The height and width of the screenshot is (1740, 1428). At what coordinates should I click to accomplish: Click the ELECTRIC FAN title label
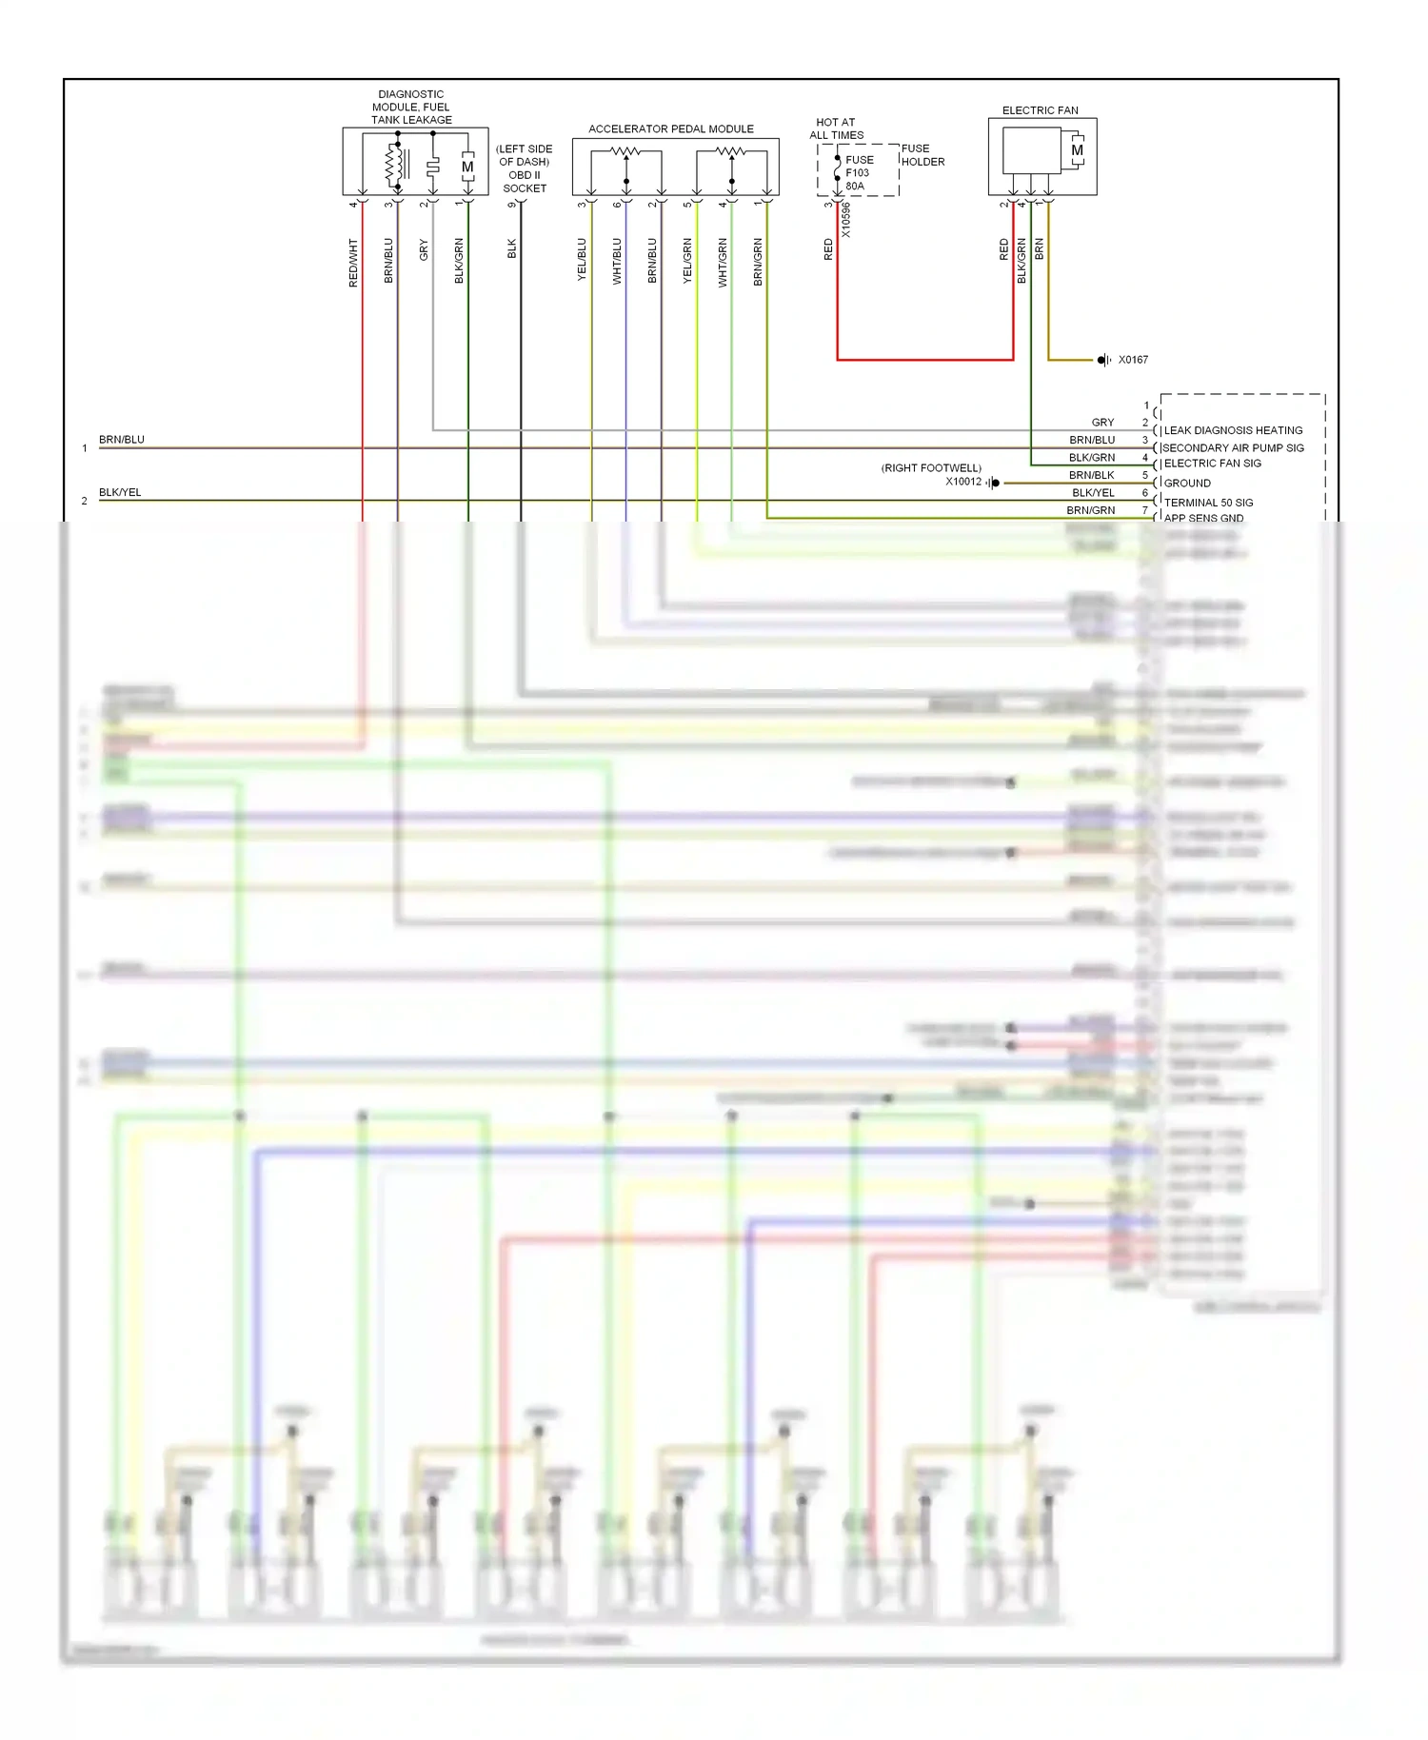1040,110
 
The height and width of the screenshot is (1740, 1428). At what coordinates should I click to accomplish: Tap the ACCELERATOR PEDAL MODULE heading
670,129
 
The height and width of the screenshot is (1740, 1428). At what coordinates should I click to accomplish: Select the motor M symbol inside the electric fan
1077,150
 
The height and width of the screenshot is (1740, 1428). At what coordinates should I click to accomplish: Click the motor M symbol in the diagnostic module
467,167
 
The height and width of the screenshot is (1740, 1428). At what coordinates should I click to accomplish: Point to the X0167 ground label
1133,360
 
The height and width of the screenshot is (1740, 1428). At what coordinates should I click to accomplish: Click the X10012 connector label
962,482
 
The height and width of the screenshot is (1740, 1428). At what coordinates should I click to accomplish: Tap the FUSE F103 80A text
858,173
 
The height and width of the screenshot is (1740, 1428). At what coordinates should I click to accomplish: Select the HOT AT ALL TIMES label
836,129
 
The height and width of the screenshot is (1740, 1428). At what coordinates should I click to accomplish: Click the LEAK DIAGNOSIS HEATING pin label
1233,430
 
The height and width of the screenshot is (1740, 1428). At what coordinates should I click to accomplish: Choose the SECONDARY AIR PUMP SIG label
1233,447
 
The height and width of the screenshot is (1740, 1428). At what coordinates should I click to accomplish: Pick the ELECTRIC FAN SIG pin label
1212,464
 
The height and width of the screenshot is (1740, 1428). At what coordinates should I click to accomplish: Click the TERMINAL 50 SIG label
1208,503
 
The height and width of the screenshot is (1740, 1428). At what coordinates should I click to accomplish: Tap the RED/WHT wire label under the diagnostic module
353,263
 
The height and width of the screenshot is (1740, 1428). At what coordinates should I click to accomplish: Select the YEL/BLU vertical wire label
582,260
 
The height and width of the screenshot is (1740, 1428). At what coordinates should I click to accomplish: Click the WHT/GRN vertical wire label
723,263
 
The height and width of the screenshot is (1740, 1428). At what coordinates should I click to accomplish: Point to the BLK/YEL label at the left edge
120,492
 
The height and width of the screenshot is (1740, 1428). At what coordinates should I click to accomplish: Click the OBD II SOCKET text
525,182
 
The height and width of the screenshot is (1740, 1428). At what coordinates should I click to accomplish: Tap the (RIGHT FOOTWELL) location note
931,467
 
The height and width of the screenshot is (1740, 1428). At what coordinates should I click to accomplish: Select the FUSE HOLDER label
922,155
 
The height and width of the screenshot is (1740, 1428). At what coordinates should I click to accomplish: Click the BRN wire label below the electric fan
1040,249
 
